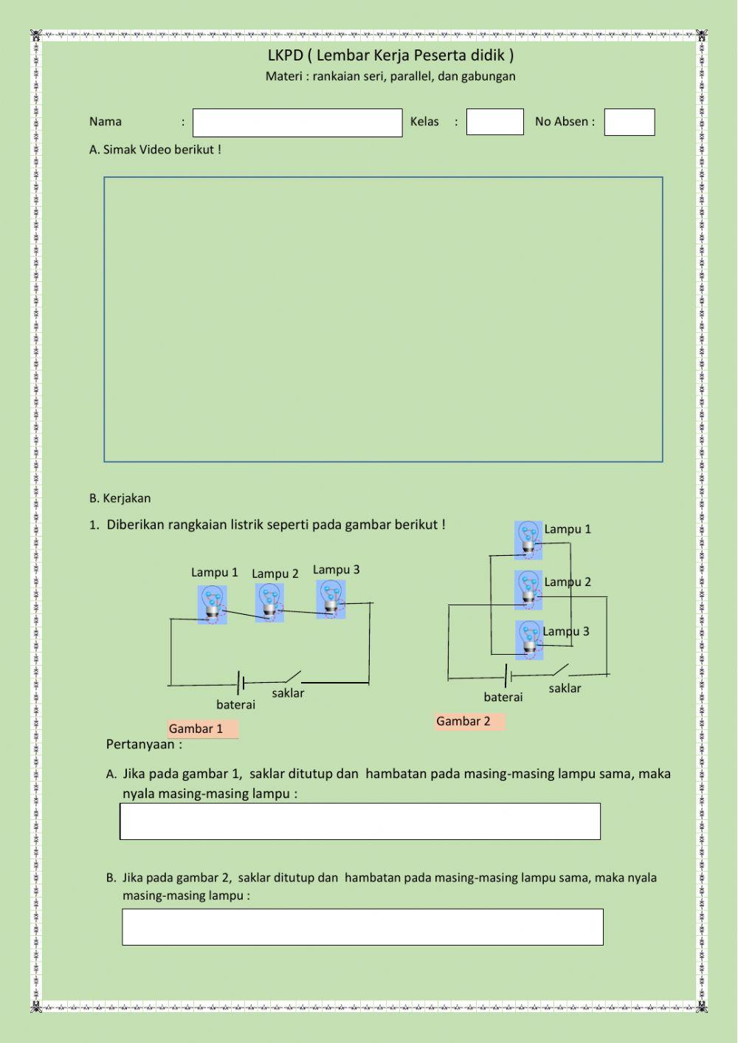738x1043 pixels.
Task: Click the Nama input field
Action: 297,123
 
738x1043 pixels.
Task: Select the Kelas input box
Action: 494,122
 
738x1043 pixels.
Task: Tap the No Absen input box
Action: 629,122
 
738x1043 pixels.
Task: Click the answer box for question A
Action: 360,821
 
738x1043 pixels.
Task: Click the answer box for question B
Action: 362,926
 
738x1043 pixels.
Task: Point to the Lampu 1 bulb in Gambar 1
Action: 212,605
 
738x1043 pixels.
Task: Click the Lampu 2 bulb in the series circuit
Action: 269,602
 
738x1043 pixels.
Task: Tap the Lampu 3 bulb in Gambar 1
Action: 331,599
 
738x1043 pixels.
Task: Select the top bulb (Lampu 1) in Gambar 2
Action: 528,540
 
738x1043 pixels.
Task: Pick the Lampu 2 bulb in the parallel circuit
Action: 528,589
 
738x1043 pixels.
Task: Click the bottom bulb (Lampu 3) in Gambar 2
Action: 529,639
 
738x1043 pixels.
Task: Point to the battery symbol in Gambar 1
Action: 241,684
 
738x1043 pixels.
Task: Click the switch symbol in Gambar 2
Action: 560,671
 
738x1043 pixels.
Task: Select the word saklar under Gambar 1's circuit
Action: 288,694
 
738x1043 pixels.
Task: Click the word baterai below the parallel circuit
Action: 503,698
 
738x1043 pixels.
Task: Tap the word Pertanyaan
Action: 141,744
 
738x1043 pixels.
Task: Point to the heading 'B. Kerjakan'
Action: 120,498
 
